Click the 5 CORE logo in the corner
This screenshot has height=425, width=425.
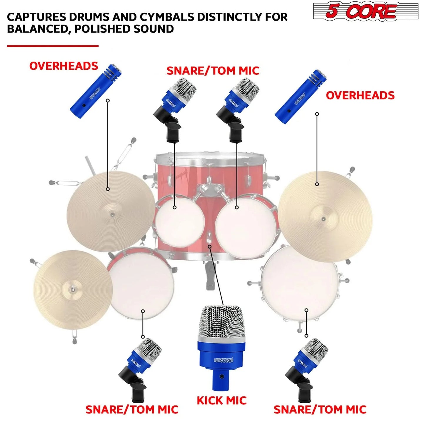(x=366, y=12)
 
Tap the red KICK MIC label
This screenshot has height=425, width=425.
(x=221, y=401)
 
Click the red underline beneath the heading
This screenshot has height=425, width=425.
(x=52, y=46)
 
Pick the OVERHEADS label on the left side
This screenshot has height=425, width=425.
(x=64, y=66)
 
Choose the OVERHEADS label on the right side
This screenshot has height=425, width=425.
(x=360, y=95)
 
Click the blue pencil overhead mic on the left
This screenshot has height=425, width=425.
(x=95, y=91)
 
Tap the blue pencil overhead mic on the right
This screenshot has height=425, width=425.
(x=301, y=97)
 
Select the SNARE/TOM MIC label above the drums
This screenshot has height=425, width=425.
(x=213, y=71)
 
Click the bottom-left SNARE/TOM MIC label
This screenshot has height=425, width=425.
(x=132, y=409)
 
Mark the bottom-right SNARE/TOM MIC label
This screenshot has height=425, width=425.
(x=320, y=409)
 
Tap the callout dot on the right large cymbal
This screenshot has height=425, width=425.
(x=317, y=184)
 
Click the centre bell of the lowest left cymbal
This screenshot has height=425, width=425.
(x=72, y=290)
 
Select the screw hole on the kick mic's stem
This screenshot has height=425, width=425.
(x=221, y=376)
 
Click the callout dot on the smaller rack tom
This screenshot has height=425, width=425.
(x=174, y=207)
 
